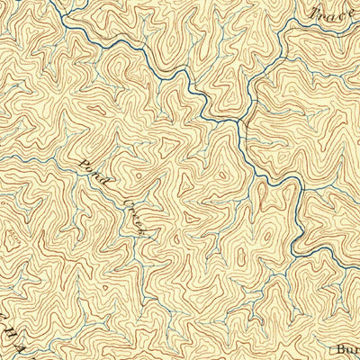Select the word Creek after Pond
(134, 216)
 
